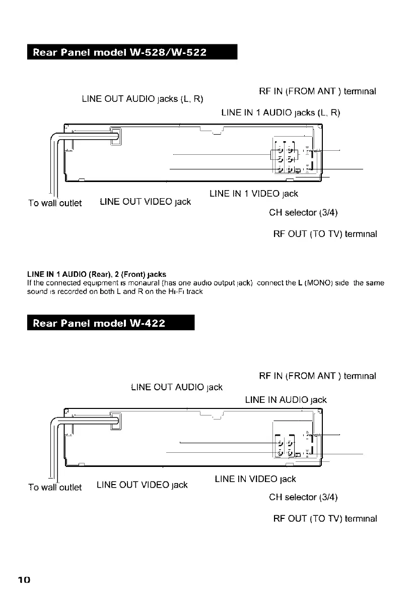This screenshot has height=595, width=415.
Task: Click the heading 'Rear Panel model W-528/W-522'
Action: click(x=119, y=52)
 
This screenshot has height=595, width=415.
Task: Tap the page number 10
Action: click(x=24, y=580)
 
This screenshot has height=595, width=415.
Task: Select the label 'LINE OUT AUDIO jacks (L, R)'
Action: click(x=142, y=98)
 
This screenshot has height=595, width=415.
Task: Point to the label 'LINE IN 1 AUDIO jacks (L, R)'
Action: click(x=281, y=112)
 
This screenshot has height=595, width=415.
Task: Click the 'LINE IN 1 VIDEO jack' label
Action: click(x=254, y=194)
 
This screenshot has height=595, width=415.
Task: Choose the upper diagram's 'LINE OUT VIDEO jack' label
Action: click(x=146, y=202)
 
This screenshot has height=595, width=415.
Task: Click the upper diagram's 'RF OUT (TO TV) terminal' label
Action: click(x=325, y=234)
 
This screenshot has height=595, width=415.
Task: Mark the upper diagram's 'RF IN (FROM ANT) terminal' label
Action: click(x=318, y=92)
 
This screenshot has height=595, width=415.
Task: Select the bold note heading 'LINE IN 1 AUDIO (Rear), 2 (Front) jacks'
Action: click(x=96, y=274)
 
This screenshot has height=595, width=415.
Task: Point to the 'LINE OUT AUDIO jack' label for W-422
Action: click(x=176, y=387)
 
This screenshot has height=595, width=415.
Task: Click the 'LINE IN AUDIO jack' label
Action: click(x=286, y=400)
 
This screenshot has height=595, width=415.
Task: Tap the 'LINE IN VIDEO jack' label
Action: click(x=255, y=479)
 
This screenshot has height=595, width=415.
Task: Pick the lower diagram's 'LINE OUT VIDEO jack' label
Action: click(x=142, y=485)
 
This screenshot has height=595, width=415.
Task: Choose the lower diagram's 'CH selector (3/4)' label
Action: click(x=303, y=497)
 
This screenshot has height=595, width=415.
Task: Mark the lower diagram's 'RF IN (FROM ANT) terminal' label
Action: click(x=318, y=376)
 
